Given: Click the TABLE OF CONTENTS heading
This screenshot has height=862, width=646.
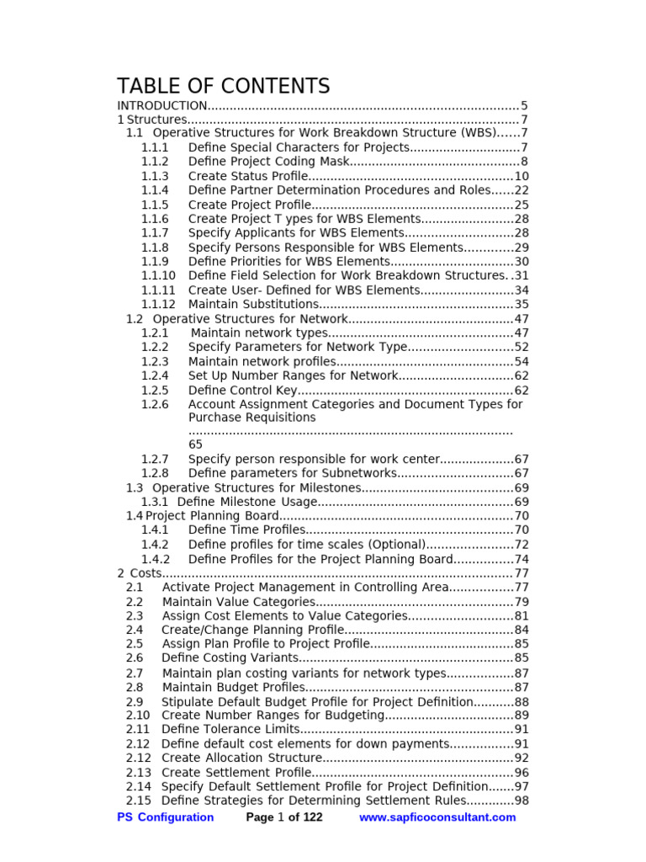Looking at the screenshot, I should pyautogui.click(x=223, y=86).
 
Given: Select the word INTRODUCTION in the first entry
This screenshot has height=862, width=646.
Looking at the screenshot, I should pyautogui.click(x=161, y=105).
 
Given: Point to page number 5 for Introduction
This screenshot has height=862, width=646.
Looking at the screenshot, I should pyautogui.click(x=524, y=105).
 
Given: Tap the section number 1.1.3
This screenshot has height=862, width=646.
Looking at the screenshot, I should pyautogui.click(x=155, y=176).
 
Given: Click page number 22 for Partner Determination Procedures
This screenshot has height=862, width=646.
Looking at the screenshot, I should pyautogui.click(x=522, y=190).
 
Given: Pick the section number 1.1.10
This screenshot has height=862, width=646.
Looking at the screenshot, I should pyautogui.click(x=158, y=275).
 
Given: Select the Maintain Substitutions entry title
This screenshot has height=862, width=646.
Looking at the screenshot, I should pyautogui.click(x=253, y=304).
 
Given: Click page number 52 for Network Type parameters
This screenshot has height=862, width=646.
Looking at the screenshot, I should pyautogui.click(x=522, y=347).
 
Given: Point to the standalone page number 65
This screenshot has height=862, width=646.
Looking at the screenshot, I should pyautogui.click(x=195, y=444).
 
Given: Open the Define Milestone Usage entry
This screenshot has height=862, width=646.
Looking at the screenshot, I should pyautogui.click(x=247, y=502).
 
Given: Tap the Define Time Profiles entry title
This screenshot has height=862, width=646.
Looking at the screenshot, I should pyautogui.click(x=246, y=530).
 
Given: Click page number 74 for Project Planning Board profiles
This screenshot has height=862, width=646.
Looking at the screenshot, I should pyautogui.click(x=522, y=559).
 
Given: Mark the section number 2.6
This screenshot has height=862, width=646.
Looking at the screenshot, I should pyautogui.click(x=135, y=657).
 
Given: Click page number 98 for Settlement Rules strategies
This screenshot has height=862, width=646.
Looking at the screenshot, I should pyautogui.click(x=522, y=801).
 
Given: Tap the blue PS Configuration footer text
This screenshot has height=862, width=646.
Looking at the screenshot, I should pyautogui.click(x=165, y=817).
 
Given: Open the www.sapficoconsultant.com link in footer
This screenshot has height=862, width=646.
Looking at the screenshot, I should pyautogui.click(x=437, y=817).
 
